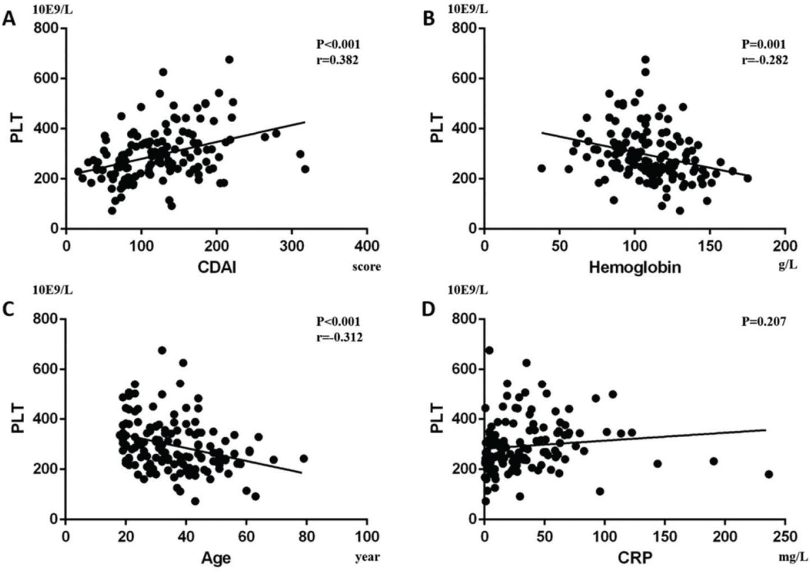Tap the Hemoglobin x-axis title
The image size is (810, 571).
click(635, 267)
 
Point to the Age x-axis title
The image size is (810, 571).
click(216, 558)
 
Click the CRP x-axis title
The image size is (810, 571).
click(635, 558)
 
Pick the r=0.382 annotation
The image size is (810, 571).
click(337, 60)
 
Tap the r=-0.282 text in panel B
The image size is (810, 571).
click(765, 60)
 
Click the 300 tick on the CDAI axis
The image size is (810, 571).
click(291, 246)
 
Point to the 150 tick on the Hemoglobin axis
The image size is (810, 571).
click(710, 246)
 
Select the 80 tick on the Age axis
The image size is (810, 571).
click(306, 536)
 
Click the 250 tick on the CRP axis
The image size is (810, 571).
click(785, 536)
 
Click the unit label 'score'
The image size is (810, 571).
click(367, 266)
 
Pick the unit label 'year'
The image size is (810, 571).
click(367, 557)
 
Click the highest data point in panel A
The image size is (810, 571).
click(229, 60)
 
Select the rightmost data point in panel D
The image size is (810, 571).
click(769, 474)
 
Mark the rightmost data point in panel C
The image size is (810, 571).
click(304, 458)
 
